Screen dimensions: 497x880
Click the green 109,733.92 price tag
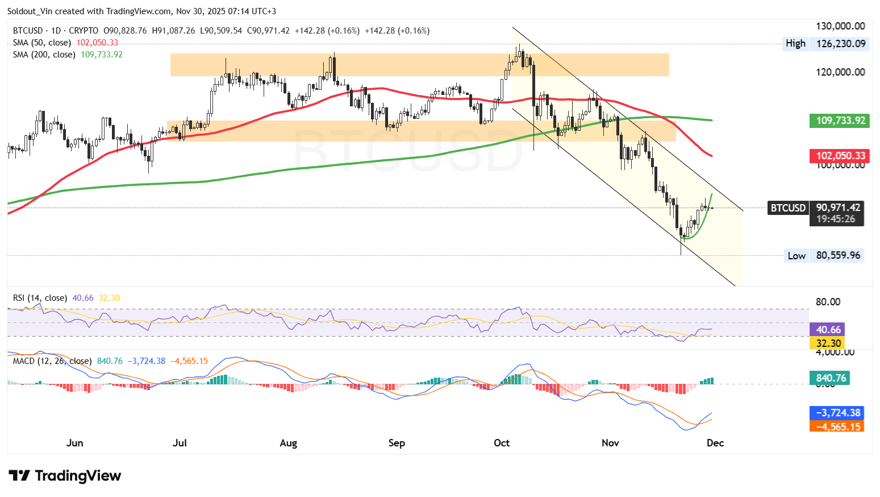[x=839, y=121]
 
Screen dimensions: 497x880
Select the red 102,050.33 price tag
[x=839, y=156]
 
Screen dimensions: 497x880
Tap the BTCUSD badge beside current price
[x=788, y=208]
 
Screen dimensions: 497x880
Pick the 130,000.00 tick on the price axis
[x=840, y=26]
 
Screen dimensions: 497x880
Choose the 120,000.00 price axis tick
[x=840, y=72]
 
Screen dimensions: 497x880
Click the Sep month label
[x=397, y=443]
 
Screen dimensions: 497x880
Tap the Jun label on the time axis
[x=74, y=443]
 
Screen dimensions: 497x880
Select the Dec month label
[x=715, y=443]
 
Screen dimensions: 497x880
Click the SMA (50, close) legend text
[x=42, y=43]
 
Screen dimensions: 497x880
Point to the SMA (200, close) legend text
[x=44, y=55]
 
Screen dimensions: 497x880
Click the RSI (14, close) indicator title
[x=40, y=298]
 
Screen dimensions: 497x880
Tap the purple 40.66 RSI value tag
[x=828, y=330]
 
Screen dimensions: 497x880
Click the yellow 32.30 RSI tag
[x=828, y=343]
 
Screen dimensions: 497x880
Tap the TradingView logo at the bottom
[x=65, y=476]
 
